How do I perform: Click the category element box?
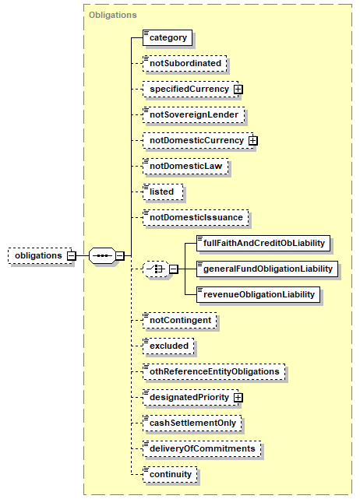click(168, 38)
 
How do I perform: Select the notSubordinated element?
click(185, 63)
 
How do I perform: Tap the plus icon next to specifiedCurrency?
click(238, 90)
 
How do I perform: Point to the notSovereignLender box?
click(194, 115)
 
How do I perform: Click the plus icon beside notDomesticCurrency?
click(253, 141)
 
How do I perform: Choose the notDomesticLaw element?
click(185, 167)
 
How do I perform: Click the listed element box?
click(163, 192)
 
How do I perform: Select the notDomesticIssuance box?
click(196, 218)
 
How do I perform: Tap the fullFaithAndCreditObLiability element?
click(263, 244)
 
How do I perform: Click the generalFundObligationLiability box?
click(267, 269)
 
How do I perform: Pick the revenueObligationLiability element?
click(258, 295)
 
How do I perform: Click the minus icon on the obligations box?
click(72, 256)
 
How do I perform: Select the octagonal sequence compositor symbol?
click(102, 256)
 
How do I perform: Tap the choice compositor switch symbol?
click(156, 269)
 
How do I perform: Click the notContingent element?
click(180, 321)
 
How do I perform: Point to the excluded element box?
click(168, 346)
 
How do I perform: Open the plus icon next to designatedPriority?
click(238, 398)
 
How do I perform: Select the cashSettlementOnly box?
click(192, 423)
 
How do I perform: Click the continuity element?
click(170, 475)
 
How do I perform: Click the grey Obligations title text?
click(113, 15)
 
